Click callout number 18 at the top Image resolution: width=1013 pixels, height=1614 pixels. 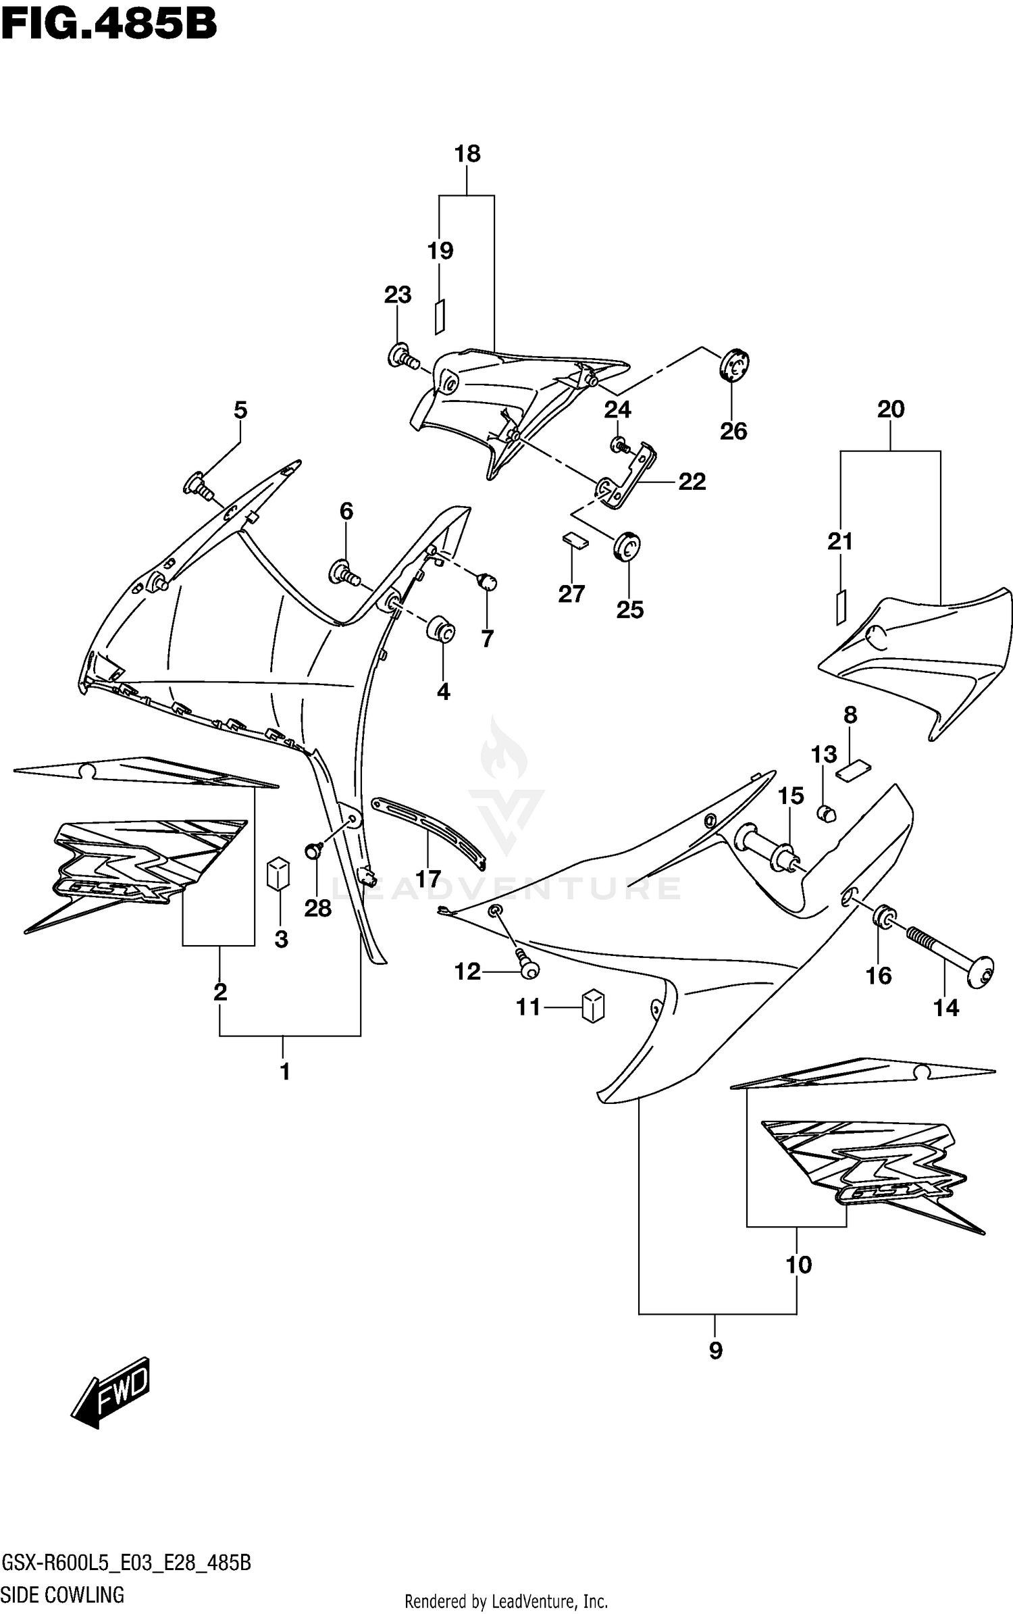click(x=467, y=154)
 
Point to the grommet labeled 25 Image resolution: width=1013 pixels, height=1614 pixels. click(x=627, y=546)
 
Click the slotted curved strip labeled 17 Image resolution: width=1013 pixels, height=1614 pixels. click(x=430, y=832)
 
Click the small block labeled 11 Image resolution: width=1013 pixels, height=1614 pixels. click(x=592, y=1006)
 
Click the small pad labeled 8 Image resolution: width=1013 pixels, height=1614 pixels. click(x=854, y=770)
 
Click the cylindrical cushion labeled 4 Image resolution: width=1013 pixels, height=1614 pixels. click(x=440, y=630)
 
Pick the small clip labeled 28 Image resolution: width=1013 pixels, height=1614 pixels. click(x=313, y=851)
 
